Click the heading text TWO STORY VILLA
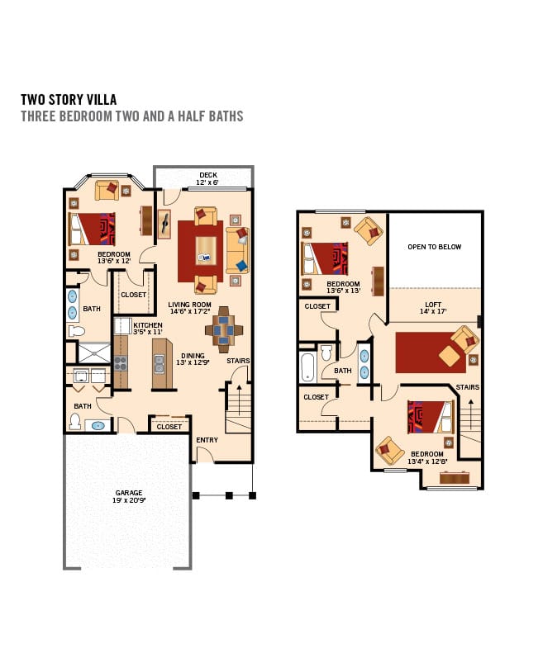[69, 100]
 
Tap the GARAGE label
[129, 493]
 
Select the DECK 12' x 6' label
[207, 178]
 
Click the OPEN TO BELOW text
[435, 247]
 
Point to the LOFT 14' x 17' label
[433, 308]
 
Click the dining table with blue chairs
[224, 331]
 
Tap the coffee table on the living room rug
[206, 250]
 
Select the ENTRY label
[207, 440]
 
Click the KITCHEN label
[148, 325]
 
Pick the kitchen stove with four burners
[121, 363]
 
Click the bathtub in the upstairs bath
[307, 367]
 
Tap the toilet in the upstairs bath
[326, 353]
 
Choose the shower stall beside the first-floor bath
[94, 353]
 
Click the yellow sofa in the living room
[237, 250]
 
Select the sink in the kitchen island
[159, 364]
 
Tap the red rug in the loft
[431, 353]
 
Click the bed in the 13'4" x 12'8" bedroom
[431, 417]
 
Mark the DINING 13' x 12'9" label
[193, 359]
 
